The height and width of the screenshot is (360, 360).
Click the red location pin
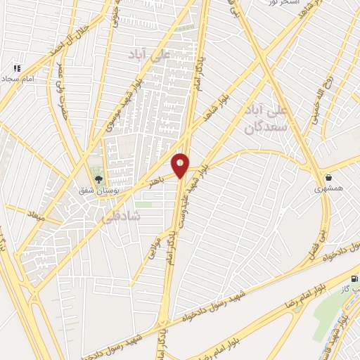tap(181, 165)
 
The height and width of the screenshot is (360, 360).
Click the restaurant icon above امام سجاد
tap(17, 69)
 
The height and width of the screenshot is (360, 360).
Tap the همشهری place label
tap(328, 189)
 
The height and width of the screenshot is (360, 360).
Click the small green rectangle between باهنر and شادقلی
tap(144, 205)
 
